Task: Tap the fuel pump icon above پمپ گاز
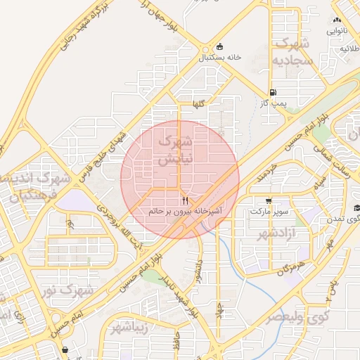(x=272, y=92)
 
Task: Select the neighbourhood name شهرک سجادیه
(x=292, y=53)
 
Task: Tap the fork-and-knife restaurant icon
(x=185, y=200)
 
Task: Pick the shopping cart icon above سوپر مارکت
(x=268, y=200)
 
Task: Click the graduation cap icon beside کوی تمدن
(x=356, y=207)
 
